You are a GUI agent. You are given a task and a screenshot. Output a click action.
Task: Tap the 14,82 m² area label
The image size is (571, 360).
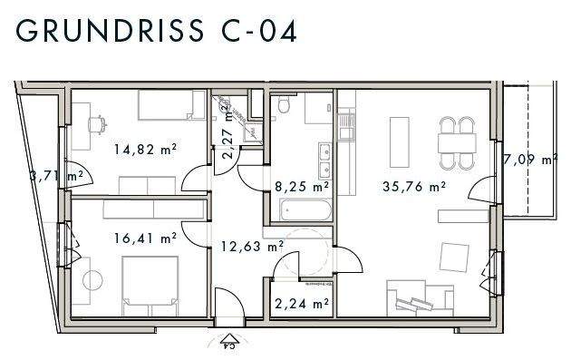pyautogui.click(x=144, y=151)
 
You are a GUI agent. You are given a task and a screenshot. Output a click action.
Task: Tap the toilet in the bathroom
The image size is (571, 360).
pyautogui.click(x=284, y=109)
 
